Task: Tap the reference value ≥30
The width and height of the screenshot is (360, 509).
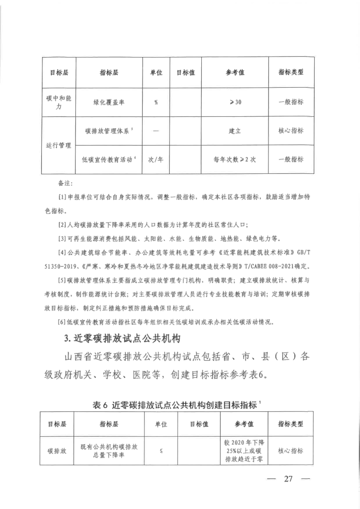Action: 235,102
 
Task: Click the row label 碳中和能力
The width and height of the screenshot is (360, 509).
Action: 58,102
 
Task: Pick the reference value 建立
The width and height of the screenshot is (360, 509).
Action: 235,131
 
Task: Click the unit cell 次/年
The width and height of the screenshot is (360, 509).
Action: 156,159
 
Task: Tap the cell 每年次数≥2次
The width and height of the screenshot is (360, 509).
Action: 235,159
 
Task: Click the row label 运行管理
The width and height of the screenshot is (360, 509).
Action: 58,145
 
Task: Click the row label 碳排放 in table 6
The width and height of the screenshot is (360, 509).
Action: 57,451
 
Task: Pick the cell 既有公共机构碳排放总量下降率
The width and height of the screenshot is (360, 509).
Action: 109,451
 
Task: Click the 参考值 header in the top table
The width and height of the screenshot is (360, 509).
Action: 235,72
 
